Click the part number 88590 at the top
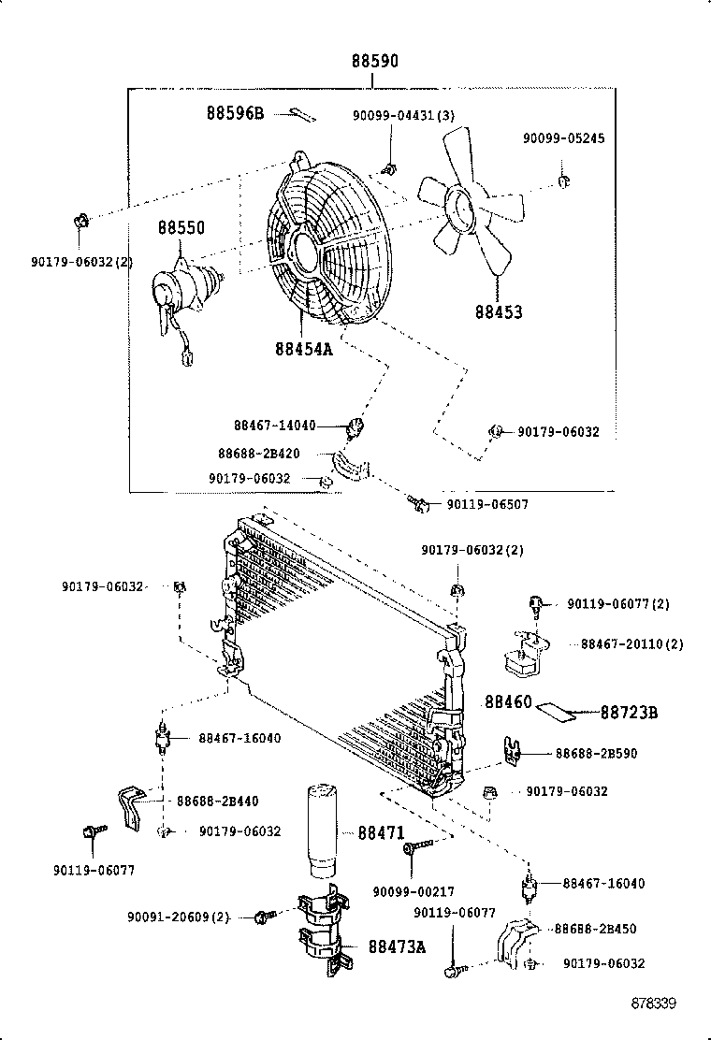[374, 62]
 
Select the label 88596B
[236, 114]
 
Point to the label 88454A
[304, 349]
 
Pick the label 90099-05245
[563, 138]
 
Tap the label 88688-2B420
[259, 454]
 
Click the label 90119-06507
[486, 504]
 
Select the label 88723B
[629, 714]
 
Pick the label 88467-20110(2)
[631, 644]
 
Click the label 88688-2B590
[596, 753]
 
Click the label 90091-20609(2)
[179, 917]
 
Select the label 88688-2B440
[217, 801]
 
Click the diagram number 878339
[653, 1004]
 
